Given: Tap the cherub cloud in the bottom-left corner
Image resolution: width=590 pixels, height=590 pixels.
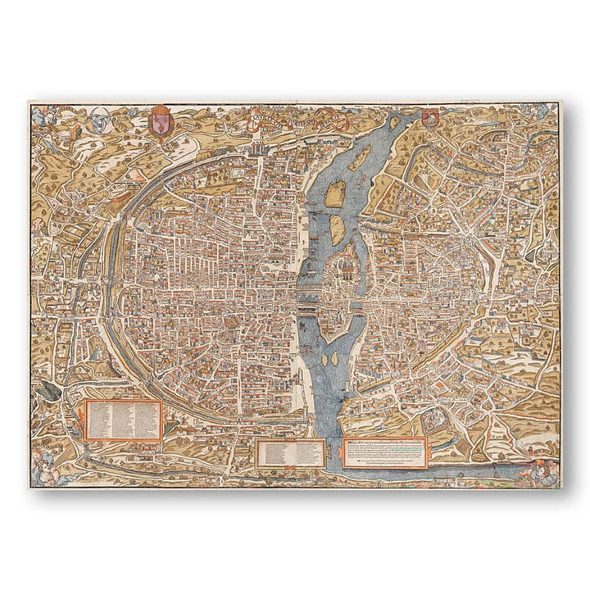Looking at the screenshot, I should click(x=43, y=469).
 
